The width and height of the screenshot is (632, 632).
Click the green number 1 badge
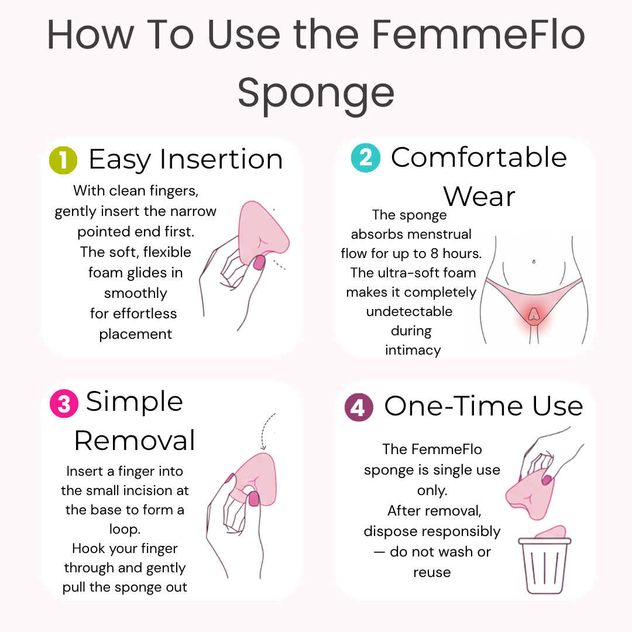point(63,160)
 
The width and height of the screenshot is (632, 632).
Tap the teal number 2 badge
point(365,158)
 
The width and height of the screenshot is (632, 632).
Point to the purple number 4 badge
point(358,407)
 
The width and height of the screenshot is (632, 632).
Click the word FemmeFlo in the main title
point(478,35)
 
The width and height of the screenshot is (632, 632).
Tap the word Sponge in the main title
point(316,92)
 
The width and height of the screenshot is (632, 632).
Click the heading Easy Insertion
point(186,159)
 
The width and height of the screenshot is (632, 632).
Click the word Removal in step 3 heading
point(135,440)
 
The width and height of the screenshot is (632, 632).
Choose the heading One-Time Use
point(483,406)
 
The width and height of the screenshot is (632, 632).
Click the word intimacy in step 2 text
point(413,351)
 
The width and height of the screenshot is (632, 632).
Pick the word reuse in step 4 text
point(432,572)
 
